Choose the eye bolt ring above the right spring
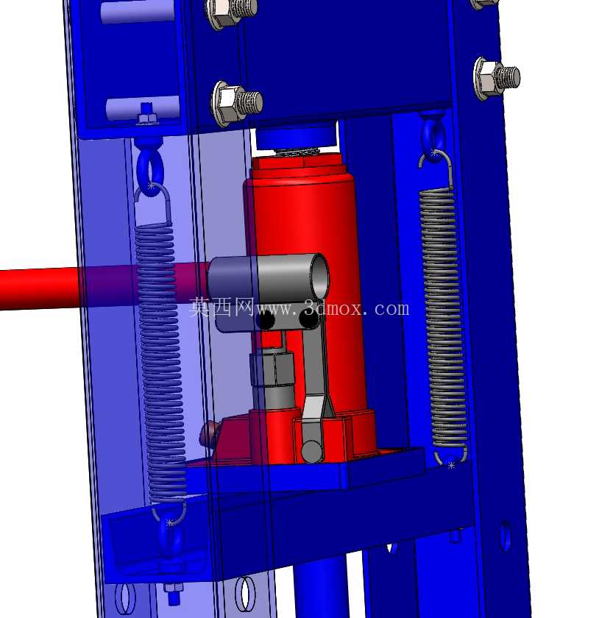(433, 136)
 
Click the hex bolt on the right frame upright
(496, 78)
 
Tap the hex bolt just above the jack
(237, 103)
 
